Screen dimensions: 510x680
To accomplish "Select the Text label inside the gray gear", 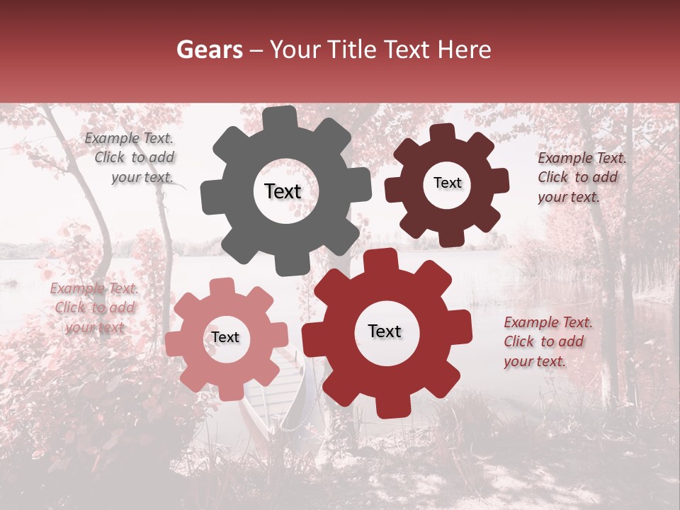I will (x=283, y=191).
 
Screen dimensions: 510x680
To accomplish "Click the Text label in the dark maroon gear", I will (x=447, y=183).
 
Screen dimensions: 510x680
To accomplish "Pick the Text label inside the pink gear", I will (x=225, y=338).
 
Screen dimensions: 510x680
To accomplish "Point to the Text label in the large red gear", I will (x=385, y=331).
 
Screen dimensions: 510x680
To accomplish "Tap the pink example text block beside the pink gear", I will (x=94, y=308).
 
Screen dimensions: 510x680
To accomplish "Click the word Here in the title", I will (x=465, y=50).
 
